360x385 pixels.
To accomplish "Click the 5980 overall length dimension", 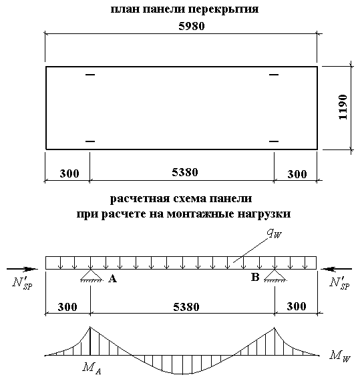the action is pyautogui.click(x=192, y=26).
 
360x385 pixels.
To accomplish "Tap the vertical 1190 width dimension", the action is pyautogui.click(x=343, y=107).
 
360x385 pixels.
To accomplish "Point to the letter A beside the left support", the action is pyautogui.click(x=113, y=279).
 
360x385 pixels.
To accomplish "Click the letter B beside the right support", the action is pyautogui.click(x=255, y=277).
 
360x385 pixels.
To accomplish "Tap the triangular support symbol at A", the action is pyautogui.click(x=91, y=276).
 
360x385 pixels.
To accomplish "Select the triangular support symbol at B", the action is pyautogui.click(x=275, y=276).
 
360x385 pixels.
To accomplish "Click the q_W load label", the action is pyautogui.click(x=275, y=234).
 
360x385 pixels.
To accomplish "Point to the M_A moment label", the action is pyautogui.click(x=92, y=368).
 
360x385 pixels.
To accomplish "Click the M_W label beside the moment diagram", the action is pyautogui.click(x=339, y=357).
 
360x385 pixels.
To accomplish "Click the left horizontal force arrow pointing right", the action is pyautogui.click(x=22, y=269).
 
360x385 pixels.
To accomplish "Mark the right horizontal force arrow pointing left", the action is pyautogui.click(x=337, y=269).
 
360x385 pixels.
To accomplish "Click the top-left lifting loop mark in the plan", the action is pyautogui.click(x=90, y=74).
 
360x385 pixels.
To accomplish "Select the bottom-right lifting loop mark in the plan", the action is pyautogui.click(x=274, y=141).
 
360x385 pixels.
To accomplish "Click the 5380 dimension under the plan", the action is pyautogui.click(x=185, y=172).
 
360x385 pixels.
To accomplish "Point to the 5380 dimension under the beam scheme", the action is pyautogui.click(x=186, y=307).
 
